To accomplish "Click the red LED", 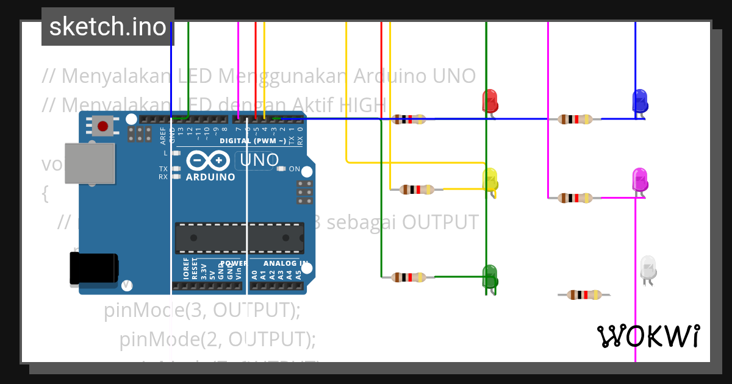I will point(490,101).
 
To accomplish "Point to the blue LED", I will point(640,101).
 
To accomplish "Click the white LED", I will point(648,268).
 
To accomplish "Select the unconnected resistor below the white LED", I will point(584,295).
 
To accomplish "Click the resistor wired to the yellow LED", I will point(417,190).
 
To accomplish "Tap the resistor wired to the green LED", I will point(409,277).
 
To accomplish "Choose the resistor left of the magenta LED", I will point(575,197).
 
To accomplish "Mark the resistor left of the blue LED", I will point(575,119).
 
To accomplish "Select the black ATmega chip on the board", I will point(239,238).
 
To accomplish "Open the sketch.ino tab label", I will point(108,27).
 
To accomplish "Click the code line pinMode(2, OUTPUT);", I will point(218,339).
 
